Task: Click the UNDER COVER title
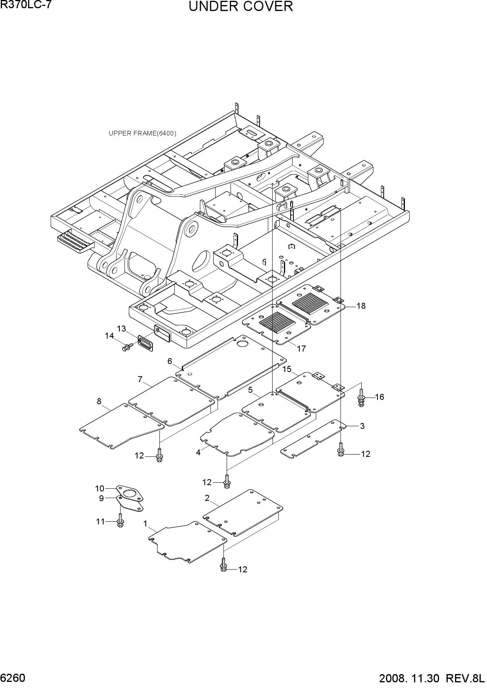(x=241, y=7)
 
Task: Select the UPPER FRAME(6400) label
(x=143, y=134)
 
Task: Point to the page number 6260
(x=13, y=678)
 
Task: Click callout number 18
(x=361, y=306)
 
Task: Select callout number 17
(x=301, y=348)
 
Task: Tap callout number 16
(x=379, y=397)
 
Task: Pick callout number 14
(x=109, y=336)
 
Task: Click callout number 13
(x=121, y=328)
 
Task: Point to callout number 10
(x=99, y=489)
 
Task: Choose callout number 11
(x=101, y=522)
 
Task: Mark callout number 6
(x=170, y=361)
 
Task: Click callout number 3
(x=362, y=426)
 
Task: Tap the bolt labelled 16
(x=361, y=396)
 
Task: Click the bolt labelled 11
(x=121, y=520)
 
